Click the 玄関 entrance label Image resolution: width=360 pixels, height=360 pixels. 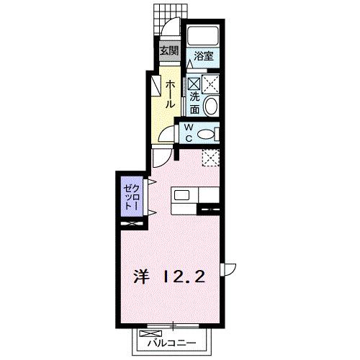click(x=169, y=51)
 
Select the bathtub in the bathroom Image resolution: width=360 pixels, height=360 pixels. click(x=202, y=36)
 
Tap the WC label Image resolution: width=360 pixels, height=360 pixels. click(x=186, y=133)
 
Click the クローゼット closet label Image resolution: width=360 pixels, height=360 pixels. click(x=130, y=194)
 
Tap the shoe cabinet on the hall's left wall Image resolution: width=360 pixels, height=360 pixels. click(x=156, y=86)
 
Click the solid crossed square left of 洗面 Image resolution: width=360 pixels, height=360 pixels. click(x=194, y=84)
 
